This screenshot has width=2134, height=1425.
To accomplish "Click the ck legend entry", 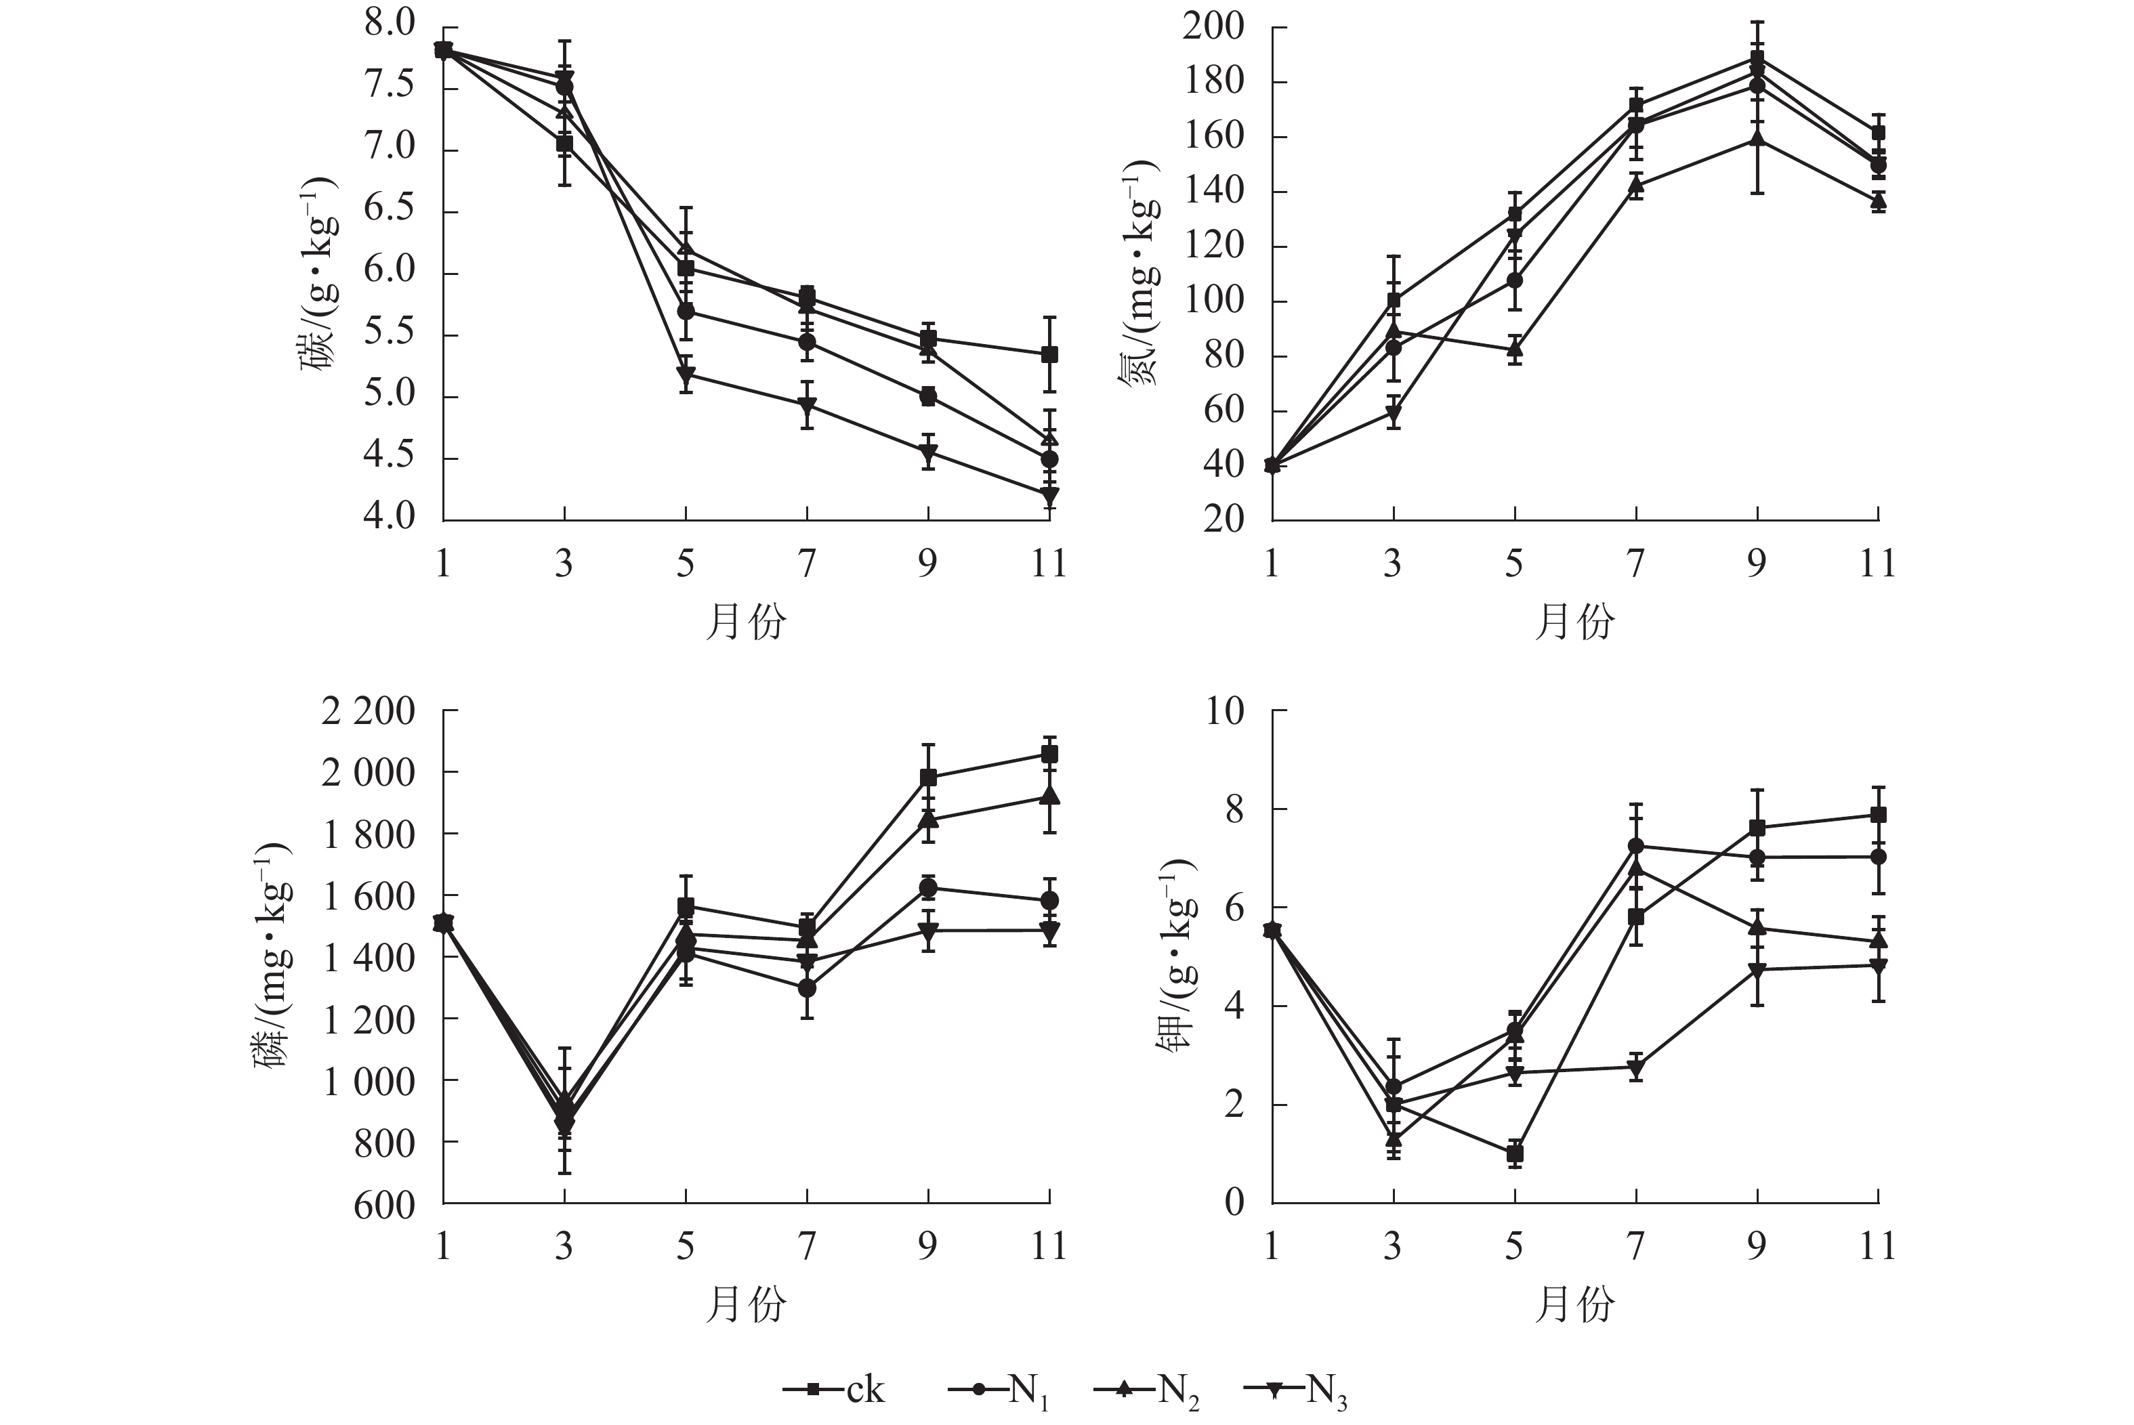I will tap(835, 1390).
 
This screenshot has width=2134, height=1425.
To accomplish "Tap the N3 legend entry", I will tap(1296, 1390).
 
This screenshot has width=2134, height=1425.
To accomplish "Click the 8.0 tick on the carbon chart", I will tap(389, 24).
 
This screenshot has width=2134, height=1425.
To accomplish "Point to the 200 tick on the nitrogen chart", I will tap(1213, 26).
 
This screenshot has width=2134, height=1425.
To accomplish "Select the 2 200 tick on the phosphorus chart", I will tap(367, 710).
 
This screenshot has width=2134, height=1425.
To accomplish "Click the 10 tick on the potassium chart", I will tap(1224, 710).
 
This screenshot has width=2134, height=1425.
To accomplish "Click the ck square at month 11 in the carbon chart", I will tap(1049, 354).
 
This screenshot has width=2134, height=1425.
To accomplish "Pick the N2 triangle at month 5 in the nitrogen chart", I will tap(1514, 349).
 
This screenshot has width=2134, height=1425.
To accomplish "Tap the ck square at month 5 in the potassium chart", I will tap(1514, 1154).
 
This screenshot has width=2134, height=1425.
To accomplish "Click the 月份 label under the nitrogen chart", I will tap(1574, 622).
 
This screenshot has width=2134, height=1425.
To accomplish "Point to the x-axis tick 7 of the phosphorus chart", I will tap(807, 1246).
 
